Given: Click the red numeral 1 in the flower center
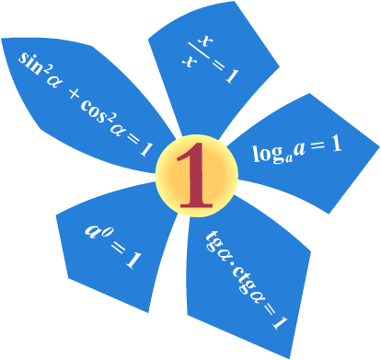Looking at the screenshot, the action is click(195, 176).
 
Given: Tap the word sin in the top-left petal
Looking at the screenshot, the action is click(30, 64).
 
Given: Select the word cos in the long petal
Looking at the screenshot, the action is click(94, 110).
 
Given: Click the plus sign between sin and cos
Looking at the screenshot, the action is click(74, 94).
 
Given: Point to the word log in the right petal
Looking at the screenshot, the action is click(267, 154).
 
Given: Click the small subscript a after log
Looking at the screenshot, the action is click(288, 159).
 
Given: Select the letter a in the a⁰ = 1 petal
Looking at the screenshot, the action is click(92, 231).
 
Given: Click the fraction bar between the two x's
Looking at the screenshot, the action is click(199, 51).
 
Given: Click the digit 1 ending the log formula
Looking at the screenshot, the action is click(336, 144).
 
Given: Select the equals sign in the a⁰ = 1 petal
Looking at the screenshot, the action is click(117, 248).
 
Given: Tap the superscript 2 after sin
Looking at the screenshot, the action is click(46, 71).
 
